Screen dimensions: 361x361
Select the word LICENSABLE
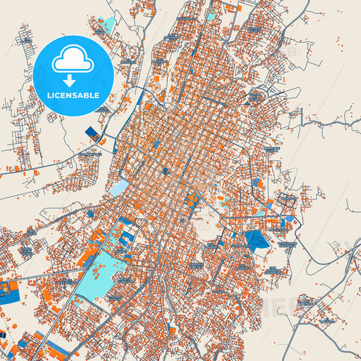(x=72, y=95)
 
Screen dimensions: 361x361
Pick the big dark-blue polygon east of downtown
(x=257, y=240)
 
